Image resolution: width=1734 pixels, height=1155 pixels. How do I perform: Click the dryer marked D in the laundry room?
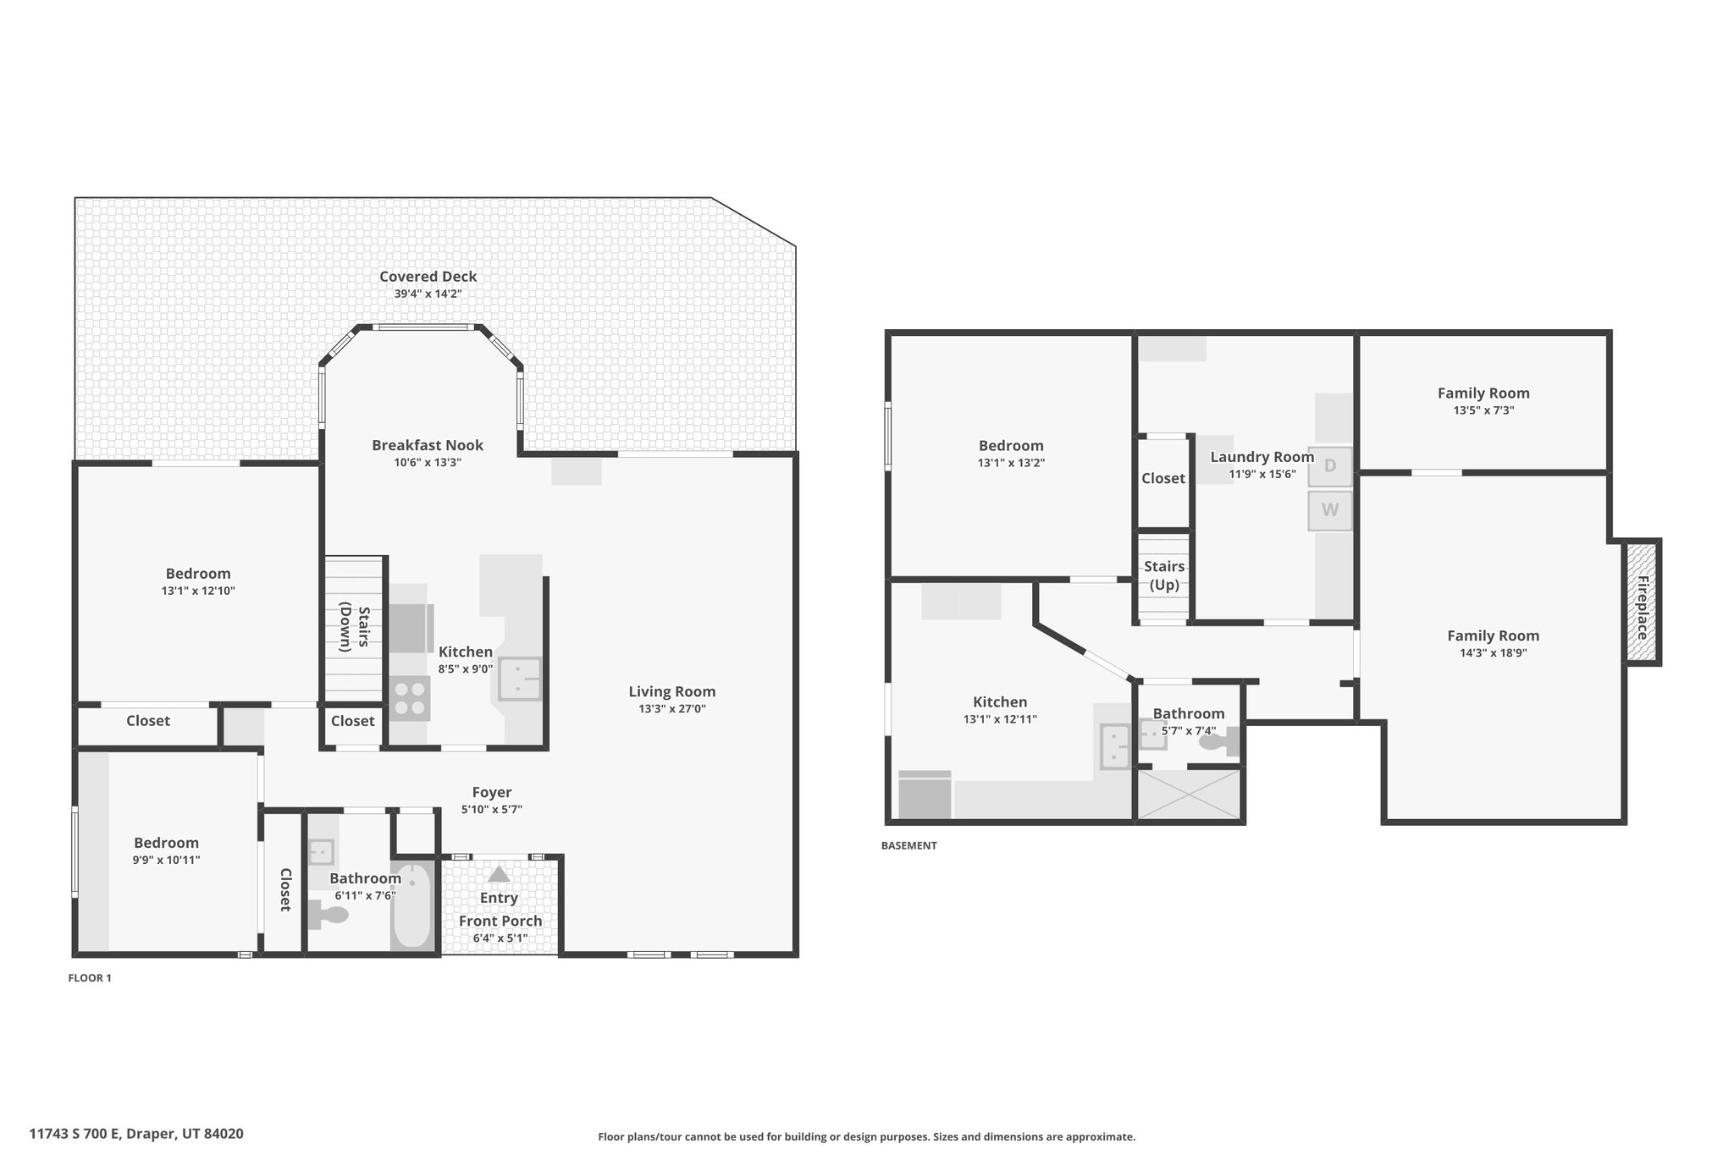pos(1330,466)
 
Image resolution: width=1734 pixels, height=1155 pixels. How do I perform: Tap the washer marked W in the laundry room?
pos(1330,510)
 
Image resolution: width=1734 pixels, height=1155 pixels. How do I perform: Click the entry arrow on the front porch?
pos(499,874)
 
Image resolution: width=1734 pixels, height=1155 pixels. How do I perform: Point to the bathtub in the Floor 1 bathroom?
pos(412,905)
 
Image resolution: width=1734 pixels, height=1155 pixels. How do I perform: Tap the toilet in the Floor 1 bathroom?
pos(328,914)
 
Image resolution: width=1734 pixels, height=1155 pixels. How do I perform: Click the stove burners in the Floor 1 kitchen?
pos(410,699)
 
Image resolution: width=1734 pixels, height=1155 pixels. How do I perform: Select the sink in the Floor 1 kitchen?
pos(520,679)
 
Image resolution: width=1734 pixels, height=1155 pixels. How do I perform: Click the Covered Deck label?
pos(428,277)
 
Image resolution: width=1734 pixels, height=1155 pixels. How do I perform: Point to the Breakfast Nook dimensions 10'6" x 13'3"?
pos(428,463)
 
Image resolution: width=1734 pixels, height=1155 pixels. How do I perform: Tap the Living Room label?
pos(672,692)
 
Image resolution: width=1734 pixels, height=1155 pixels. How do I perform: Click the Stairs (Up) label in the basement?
pos(1164,575)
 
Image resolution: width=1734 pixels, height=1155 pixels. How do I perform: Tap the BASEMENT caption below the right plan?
pos(909,845)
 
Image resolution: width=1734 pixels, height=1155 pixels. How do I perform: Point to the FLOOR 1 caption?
pos(90,978)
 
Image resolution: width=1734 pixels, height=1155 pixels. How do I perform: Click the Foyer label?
pos(492,793)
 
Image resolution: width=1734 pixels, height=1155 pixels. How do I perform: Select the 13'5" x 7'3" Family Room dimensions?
pos(1483,410)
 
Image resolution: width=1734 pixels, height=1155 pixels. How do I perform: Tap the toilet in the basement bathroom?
pos(1220,742)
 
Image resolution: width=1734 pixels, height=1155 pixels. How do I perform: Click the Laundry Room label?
pos(1262,457)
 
